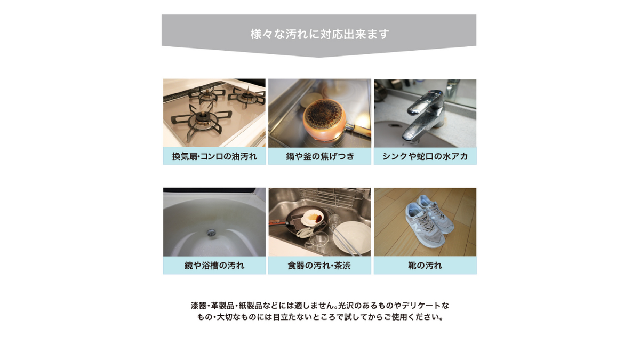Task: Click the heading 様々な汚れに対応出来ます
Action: click(319, 34)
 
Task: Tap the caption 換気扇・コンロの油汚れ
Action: click(214, 156)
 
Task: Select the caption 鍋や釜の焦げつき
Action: click(320, 156)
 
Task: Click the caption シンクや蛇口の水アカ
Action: click(425, 156)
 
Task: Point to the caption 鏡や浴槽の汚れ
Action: click(214, 266)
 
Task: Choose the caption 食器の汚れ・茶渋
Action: click(319, 266)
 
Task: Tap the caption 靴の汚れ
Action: click(425, 266)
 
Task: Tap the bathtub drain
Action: click(211, 233)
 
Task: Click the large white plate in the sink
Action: click(351, 238)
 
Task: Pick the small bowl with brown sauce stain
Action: click(313, 218)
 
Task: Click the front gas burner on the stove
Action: click(203, 119)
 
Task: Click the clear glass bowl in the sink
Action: click(318, 241)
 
